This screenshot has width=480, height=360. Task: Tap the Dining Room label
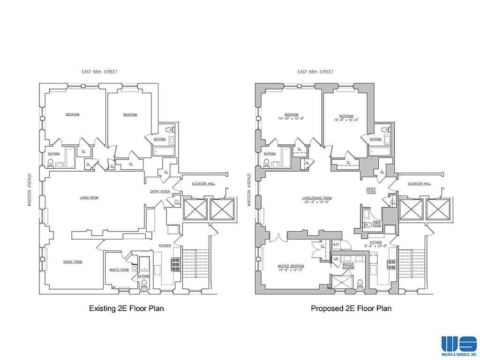73,262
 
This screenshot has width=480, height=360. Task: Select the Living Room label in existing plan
89,198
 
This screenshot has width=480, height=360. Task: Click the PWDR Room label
376,224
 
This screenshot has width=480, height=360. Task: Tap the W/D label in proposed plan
336,245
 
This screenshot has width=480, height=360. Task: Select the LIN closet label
336,258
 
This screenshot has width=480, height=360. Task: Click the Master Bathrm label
348,266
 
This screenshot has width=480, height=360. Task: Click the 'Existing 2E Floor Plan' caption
127,308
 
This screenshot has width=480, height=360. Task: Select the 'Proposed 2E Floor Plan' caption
351,308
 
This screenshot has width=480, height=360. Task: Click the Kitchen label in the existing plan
165,246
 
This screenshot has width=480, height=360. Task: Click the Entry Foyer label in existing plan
156,191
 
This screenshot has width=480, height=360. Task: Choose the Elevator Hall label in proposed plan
419,184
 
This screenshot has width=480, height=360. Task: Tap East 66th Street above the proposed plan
315,72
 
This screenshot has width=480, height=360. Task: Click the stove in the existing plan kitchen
177,264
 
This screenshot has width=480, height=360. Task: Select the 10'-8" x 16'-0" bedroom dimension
346,120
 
